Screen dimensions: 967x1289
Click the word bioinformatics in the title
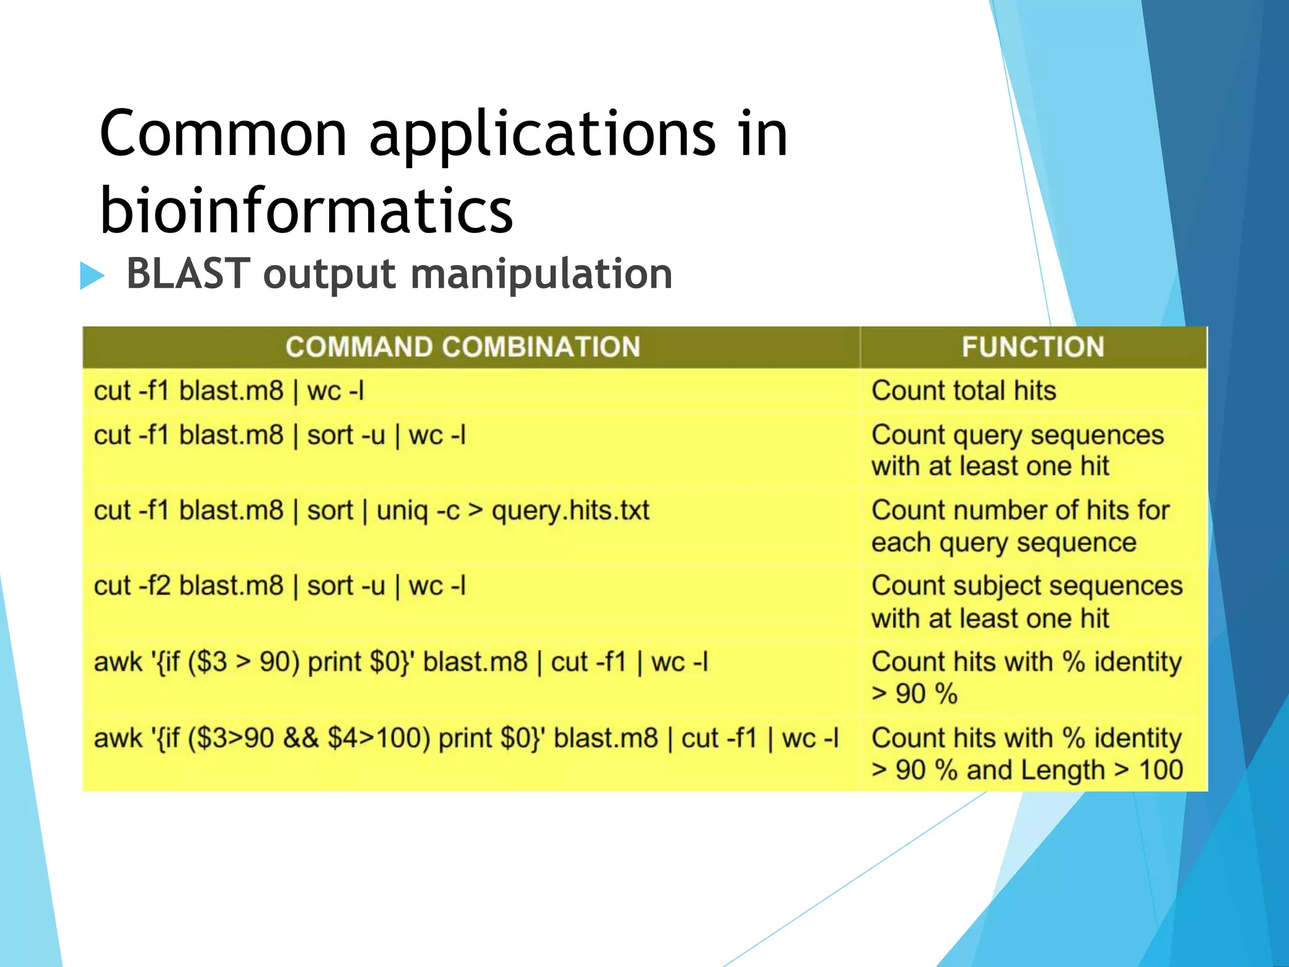tap(307, 210)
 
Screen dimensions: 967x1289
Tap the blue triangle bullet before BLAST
tap(91, 276)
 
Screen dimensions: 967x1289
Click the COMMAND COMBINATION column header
tap(463, 347)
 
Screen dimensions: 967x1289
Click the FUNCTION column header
tap(1033, 347)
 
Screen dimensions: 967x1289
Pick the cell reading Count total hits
tap(964, 390)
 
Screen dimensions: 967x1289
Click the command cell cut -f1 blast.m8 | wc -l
tap(228, 391)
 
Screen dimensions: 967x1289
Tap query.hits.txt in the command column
tap(570, 511)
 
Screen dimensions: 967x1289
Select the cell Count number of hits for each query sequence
tap(1020, 526)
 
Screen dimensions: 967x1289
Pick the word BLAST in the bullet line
tap(188, 274)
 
